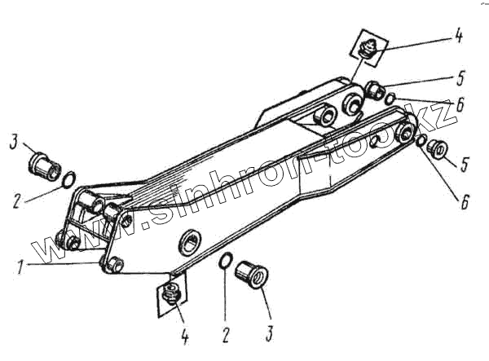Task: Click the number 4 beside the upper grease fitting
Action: pos(459,37)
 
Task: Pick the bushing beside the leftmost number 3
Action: pos(43,164)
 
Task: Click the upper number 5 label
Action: pos(460,80)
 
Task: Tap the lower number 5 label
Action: pos(463,164)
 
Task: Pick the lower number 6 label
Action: pos(464,201)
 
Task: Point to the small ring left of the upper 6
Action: pos(391,99)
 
